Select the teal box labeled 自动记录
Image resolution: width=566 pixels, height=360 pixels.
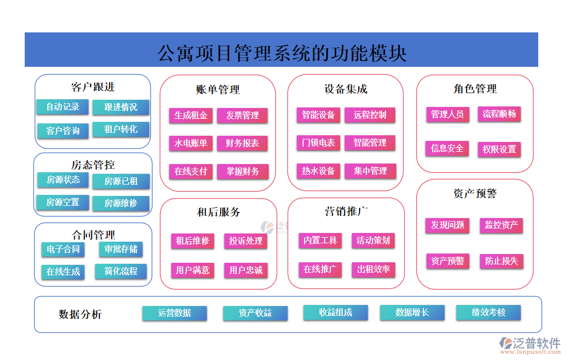pos(63,107)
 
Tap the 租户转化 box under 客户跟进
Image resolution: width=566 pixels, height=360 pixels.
pos(121,130)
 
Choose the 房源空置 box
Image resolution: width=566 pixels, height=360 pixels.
pos(63,203)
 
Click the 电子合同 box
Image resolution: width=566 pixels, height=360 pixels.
pos(63,249)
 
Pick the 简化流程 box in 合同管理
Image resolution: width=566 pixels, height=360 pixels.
pos(121,271)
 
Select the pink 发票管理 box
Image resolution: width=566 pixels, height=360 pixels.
pos(242,116)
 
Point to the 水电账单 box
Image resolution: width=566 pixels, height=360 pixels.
pos(191,143)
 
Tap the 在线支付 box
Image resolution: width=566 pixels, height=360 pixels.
pos(191,172)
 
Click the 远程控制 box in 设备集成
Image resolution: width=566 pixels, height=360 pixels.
pos(369,115)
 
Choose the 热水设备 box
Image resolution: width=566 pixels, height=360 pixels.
pos(319,171)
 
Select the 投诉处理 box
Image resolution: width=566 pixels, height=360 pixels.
pos(245,241)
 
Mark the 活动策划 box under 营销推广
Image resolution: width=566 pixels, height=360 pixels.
pos(373,240)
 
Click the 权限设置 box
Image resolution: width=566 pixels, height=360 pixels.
pos(499,150)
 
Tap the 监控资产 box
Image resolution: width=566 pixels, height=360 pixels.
pos(501,225)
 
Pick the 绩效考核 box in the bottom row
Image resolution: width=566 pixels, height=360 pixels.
pos(488,312)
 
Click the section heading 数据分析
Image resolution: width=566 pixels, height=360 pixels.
pos(80,314)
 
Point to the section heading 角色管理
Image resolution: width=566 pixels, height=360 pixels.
pos(475,89)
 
